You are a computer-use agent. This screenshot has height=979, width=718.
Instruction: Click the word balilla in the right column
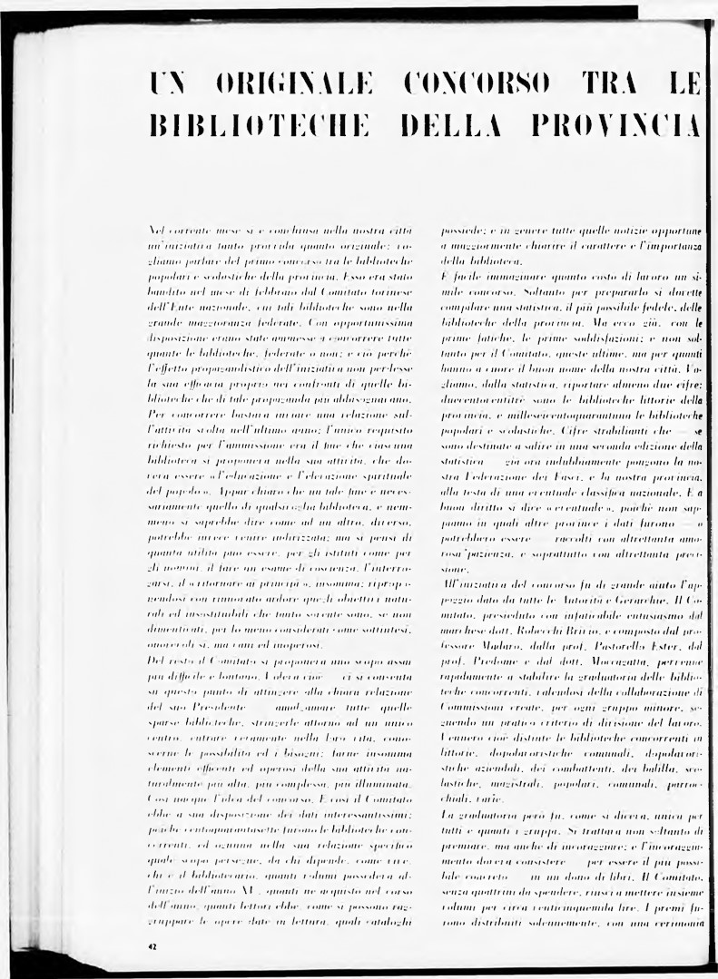tap(654, 744)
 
